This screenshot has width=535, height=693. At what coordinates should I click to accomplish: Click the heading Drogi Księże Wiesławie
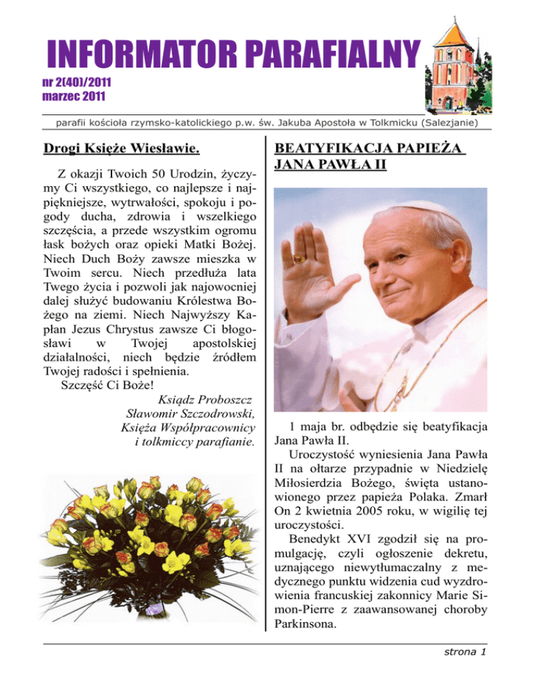(121, 148)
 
